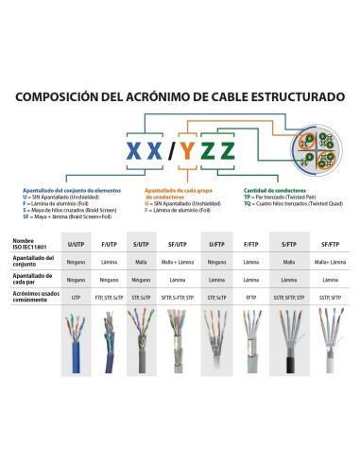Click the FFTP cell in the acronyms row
(x=251, y=298)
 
